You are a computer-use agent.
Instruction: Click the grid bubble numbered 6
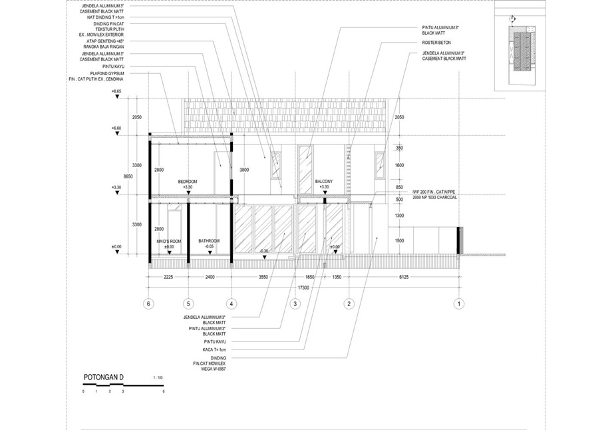pos(149,304)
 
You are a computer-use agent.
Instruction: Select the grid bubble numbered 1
pos(458,304)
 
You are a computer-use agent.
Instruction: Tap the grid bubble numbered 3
pos(295,304)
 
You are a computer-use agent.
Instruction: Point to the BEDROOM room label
pos(188,182)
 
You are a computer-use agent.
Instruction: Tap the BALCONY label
pos(324,182)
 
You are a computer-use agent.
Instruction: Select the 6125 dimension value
pos(403,277)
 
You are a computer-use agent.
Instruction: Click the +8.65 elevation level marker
pos(117,91)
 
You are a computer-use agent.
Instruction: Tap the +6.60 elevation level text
pos(117,128)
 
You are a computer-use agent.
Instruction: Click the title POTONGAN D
pos(104,378)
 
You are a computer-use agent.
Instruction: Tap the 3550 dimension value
pos(263,277)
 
